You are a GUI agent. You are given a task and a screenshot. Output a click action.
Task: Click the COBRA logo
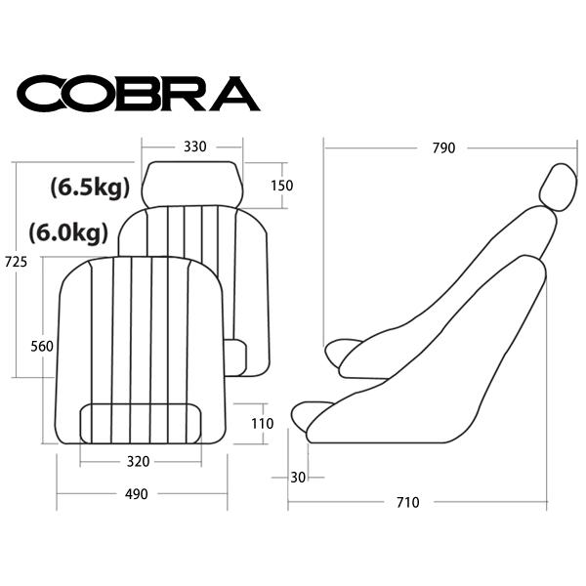point(139,94)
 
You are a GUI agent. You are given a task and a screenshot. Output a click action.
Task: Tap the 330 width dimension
point(194,146)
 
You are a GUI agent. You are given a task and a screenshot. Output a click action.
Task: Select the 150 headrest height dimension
point(282,186)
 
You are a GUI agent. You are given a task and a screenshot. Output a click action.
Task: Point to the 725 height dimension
point(16,262)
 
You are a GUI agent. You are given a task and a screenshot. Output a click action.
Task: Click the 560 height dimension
point(42,347)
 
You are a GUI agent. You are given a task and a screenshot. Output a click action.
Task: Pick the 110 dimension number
point(263,424)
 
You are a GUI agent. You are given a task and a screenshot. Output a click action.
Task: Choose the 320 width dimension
point(139,462)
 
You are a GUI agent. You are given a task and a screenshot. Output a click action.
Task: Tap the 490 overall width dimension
point(137,494)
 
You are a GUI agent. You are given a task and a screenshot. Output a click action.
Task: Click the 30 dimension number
point(298,478)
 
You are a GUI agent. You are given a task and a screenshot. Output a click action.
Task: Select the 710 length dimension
point(408,503)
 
